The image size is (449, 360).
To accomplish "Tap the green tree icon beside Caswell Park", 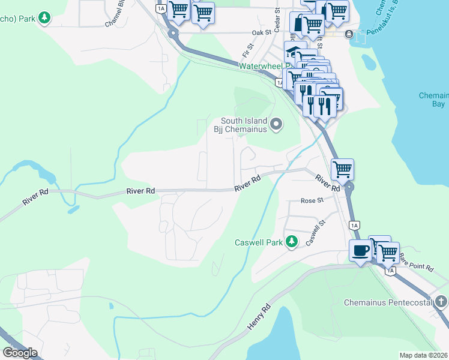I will [x=292, y=242].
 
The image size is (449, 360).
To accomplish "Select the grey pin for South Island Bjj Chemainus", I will [x=276, y=124].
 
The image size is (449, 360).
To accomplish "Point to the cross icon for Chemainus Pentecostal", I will [x=441, y=302].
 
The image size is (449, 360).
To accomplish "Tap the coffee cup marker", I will [x=360, y=250].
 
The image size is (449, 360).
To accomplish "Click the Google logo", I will [x=20, y=353].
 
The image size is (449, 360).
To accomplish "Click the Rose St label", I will [x=312, y=201].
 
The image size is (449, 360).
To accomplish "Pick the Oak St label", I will [x=258, y=32].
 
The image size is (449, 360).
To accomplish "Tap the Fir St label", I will [x=248, y=46].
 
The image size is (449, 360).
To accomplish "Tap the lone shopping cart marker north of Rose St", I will [x=342, y=170].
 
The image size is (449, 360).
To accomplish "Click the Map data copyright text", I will [x=424, y=355].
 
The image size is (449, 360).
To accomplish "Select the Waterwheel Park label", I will [x=264, y=66].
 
